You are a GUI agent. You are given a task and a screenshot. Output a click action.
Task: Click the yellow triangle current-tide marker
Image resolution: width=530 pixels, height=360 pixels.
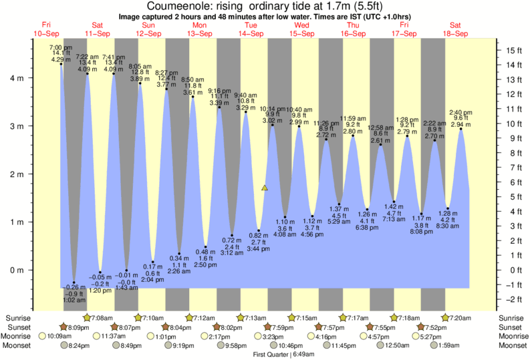[265, 188]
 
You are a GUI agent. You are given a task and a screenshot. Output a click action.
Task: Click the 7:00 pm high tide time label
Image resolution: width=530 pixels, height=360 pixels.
[61, 48]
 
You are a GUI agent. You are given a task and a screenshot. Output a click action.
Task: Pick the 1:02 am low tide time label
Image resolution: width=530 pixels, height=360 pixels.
[74, 301]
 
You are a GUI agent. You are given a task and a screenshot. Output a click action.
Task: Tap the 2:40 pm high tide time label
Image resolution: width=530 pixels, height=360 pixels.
[460, 113]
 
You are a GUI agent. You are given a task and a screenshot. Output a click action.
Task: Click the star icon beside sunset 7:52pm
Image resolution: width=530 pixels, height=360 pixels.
[422, 327]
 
